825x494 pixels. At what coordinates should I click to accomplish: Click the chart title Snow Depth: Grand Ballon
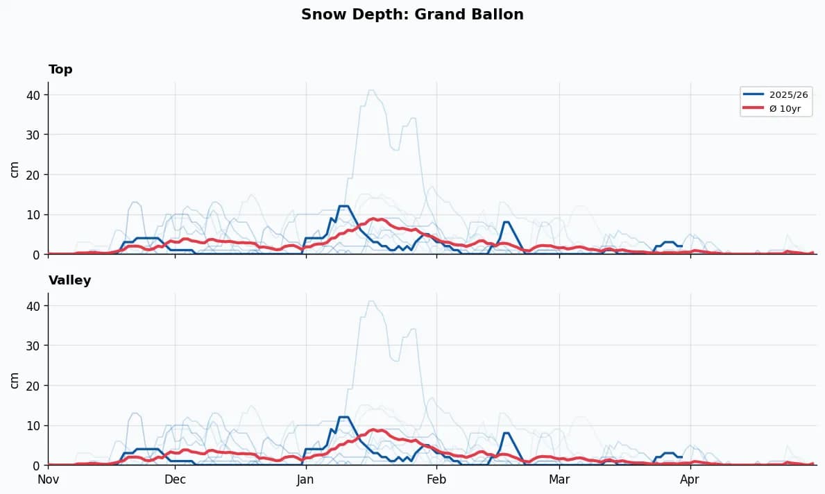click(x=412, y=15)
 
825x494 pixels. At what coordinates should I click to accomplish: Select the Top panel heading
click(x=60, y=69)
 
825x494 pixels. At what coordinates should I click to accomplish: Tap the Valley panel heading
click(x=69, y=280)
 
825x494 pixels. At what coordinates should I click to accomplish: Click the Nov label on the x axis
click(x=48, y=479)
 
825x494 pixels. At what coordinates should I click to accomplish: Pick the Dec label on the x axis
click(x=175, y=479)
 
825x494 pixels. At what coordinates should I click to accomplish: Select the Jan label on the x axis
click(x=305, y=479)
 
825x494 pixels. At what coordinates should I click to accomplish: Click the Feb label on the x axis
click(x=436, y=479)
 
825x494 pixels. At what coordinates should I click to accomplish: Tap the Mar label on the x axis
click(x=559, y=479)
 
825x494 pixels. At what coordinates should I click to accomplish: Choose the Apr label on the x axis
click(x=690, y=479)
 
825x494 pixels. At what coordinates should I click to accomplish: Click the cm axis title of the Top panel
click(x=15, y=169)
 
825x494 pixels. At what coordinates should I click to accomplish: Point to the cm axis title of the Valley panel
click(x=15, y=380)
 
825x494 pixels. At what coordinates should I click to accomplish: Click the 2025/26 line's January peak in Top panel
click(x=343, y=206)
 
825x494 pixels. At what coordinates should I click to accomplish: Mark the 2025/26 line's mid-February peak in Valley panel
click(x=507, y=433)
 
